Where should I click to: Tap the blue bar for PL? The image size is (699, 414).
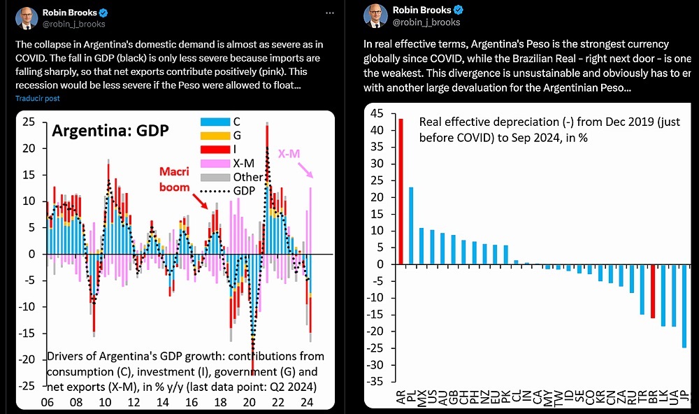[x=411, y=225]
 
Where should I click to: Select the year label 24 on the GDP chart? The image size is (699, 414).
[x=305, y=404]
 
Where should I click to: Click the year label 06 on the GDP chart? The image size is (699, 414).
[x=48, y=404]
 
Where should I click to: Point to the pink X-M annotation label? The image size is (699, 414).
[x=290, y=154]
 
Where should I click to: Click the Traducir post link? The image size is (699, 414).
[x=38, y=99]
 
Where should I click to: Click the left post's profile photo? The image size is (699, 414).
[x=27, y=18]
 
